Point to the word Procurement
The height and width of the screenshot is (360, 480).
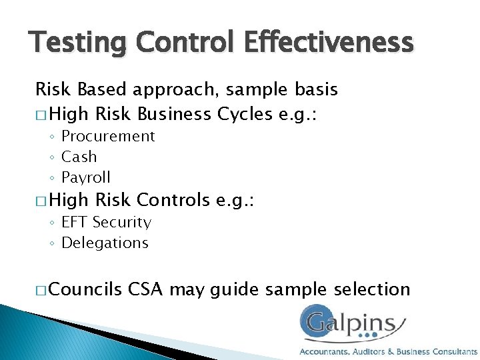coord(108,136)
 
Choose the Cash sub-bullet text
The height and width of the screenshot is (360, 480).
coord(79,157)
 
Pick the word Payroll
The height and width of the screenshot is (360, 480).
coord(86,177)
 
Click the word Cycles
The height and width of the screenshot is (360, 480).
coord(246,114)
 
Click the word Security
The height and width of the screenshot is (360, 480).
coord(122,222)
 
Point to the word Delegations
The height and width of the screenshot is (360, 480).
coord(105,243)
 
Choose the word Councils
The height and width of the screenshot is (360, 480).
coord(86,289)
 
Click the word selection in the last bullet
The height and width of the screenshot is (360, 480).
coord(371,289)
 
